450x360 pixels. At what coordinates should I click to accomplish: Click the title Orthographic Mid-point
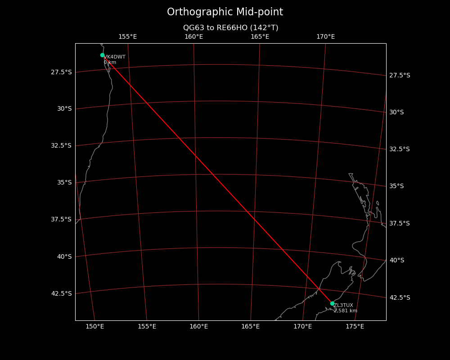tap(225, 12)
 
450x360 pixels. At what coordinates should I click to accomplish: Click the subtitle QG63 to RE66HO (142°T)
tap(230, 28)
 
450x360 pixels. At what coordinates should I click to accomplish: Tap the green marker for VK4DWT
tap(102, 55)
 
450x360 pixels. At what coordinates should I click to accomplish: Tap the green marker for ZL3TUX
tap(332, 303)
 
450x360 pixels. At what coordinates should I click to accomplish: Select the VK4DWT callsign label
tap(115, 57)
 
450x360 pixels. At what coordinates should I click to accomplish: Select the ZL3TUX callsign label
tap(343, 306)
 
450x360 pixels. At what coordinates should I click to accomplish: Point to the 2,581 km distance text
tap(346, 311)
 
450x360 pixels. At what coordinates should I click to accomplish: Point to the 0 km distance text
tap(110, 63)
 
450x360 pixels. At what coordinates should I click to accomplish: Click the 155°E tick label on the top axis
tap(127, 37)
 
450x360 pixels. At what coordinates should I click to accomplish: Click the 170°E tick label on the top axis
tap(325, 37)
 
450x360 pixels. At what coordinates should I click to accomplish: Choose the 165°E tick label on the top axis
tap(260, 37)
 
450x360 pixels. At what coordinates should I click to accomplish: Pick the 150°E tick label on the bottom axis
tap(94, 326)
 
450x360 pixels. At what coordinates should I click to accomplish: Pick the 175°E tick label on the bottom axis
tap(355, 326)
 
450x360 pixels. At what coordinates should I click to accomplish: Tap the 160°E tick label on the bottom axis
tap(198, 326)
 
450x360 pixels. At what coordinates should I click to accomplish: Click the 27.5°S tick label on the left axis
tap(61, 72)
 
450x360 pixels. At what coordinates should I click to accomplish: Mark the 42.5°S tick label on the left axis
tap(61, 293)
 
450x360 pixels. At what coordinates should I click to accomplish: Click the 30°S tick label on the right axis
tap(396, 112)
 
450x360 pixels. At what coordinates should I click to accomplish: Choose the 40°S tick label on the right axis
tap(396, 260)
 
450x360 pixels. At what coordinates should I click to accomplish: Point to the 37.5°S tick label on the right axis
tap(400, 223)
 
